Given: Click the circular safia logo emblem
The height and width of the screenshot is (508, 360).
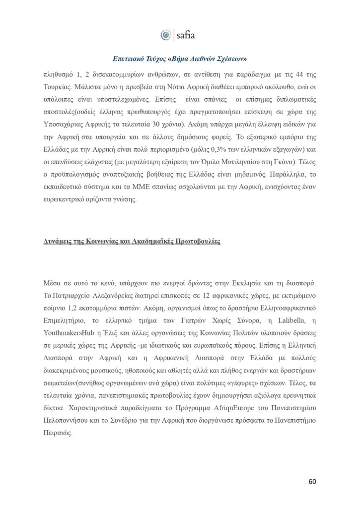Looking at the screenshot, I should point(165,35).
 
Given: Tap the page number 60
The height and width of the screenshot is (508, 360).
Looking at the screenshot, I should point(312,482).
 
